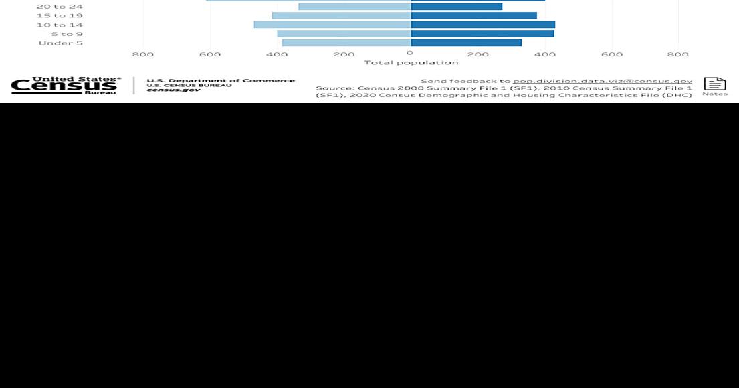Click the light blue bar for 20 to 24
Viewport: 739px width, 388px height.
click(x=354, y=7)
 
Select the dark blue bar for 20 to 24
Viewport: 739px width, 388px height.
click(x=456, y=7)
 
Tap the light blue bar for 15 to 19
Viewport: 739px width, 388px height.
click(x=342, y=15)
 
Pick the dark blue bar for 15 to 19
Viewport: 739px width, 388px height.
click(x=473, y=15)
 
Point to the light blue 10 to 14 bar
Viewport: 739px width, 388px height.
click(x=332, y=25)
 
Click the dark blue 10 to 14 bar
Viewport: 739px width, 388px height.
click(x=482, y=25)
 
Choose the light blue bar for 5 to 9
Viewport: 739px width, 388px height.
click(x=344, y=33)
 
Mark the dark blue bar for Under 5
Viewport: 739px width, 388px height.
click(x=466, y=43)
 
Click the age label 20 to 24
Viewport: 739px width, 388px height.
click(x=60, y=7)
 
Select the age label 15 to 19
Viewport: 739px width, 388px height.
click(x=60, y=15)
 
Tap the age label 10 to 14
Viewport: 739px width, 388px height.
click(x=60, y=25)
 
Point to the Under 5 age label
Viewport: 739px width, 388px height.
click(x=60, y=43)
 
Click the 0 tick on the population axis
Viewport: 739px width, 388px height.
click(x=410, y=54)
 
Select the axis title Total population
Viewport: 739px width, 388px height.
click(x=411, y=62)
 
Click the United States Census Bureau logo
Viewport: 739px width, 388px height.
click(x=66, y=85)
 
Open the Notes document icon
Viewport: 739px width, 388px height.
click(x=714, y=84)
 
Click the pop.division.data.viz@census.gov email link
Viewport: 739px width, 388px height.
click(x=603, y=80)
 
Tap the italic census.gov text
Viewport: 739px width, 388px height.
click(x=173, y=89)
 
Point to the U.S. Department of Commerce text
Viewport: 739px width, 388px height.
click(x=221, y=80)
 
